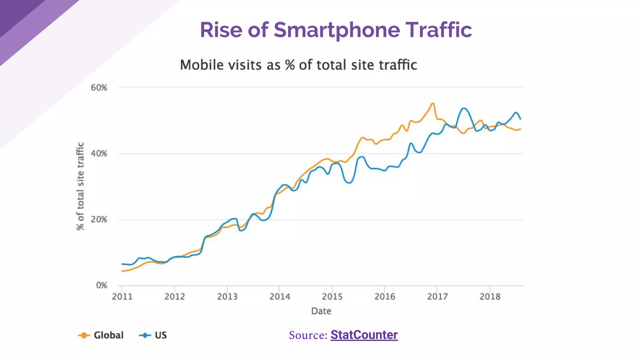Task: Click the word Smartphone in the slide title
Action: (x=337, y=30)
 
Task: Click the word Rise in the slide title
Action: (x=221, y=30)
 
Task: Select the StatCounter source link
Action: (x=364, y=335)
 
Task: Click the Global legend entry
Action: (x=108, y=335)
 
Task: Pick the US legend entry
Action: (x=160, y=335)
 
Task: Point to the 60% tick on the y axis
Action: (x=99, y=88)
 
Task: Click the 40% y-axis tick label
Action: (x=99, y=154)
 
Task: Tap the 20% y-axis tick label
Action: (x=99, y=220)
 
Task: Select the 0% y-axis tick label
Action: (x=101, y=285)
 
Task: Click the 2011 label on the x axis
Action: (x=122, y=297)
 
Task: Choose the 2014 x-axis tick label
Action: (x=280, y=297)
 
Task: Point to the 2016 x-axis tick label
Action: (x=385, y=297)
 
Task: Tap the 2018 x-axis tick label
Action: (x=490, y=297)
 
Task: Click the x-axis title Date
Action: (x=321, y=311)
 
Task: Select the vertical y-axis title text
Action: (x=80, y=186)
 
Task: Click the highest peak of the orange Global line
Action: (x=433, y=103)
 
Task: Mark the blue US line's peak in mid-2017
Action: (x=464, y=108)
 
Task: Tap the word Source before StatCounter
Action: (x=308, y=335)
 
